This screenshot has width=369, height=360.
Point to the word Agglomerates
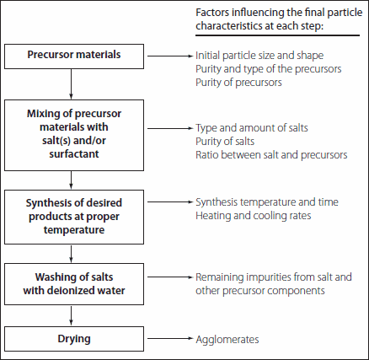(227, 339)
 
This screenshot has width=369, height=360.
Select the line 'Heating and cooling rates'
(248, 215)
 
